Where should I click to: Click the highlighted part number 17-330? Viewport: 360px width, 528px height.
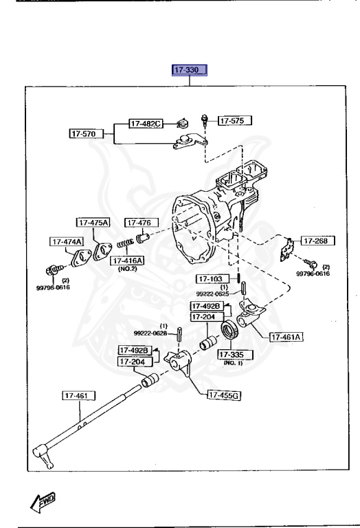188,70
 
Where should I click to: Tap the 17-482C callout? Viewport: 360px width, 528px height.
146,124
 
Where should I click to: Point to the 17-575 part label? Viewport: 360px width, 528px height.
235,121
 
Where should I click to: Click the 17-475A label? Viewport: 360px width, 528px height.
93,222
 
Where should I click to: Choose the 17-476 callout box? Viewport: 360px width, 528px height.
141,222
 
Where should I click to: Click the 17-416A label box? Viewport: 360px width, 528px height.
127,261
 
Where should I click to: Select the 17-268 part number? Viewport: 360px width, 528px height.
317,241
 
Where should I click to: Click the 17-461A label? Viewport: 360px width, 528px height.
287,337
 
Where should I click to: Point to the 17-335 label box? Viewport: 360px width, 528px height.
235,354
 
